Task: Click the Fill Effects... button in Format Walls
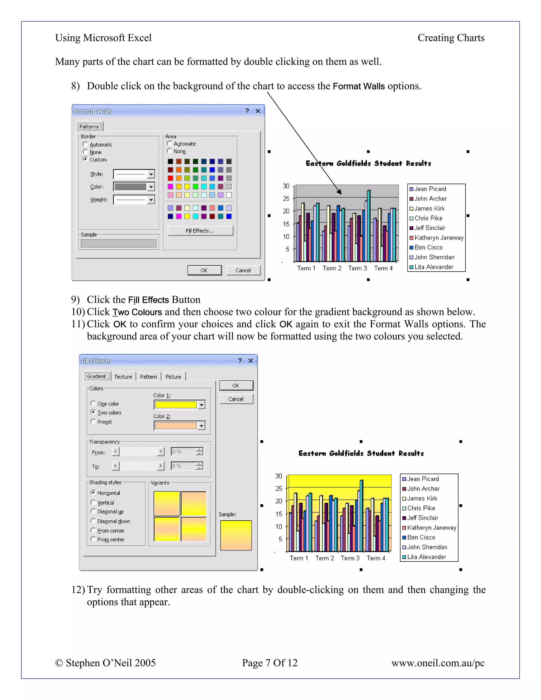200,231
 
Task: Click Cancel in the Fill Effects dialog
236,399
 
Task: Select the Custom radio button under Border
85,159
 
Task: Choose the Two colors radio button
93,412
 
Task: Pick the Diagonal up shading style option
93,511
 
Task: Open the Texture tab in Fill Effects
123,377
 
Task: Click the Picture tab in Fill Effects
173,377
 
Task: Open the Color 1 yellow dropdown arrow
201,405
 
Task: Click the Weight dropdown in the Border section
151,200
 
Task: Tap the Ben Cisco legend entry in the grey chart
428,248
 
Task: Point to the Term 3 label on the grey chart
357,268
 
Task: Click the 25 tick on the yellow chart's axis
278,488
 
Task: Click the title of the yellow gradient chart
361,453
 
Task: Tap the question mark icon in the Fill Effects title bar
240,361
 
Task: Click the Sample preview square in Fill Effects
236,535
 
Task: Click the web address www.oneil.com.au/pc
437,662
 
